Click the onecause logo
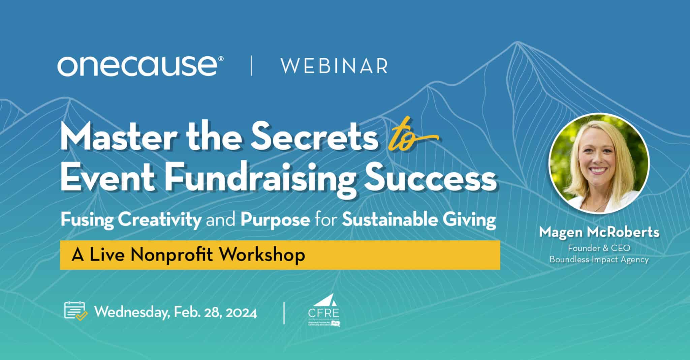137,66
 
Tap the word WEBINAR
334,66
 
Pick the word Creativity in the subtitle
160,220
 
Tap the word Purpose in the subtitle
275,220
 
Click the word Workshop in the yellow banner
264,254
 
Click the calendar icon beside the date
75,311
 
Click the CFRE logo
324,310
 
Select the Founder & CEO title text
599,248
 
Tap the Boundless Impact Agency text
599,260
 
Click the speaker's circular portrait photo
599,163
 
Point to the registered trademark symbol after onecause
221,59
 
